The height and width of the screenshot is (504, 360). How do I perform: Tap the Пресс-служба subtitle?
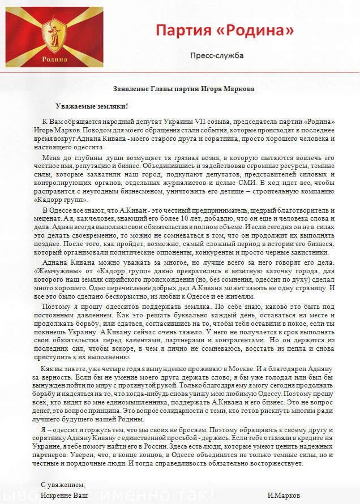pyautogui.click(x=217, y=55)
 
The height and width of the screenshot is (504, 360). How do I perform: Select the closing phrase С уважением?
pyautogui.click(x=63, y=485)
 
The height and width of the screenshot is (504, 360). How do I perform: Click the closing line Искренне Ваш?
pyautogui.click(x=65, y=496)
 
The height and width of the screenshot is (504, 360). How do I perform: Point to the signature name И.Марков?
pyautogui.click(x=284, y=496)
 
